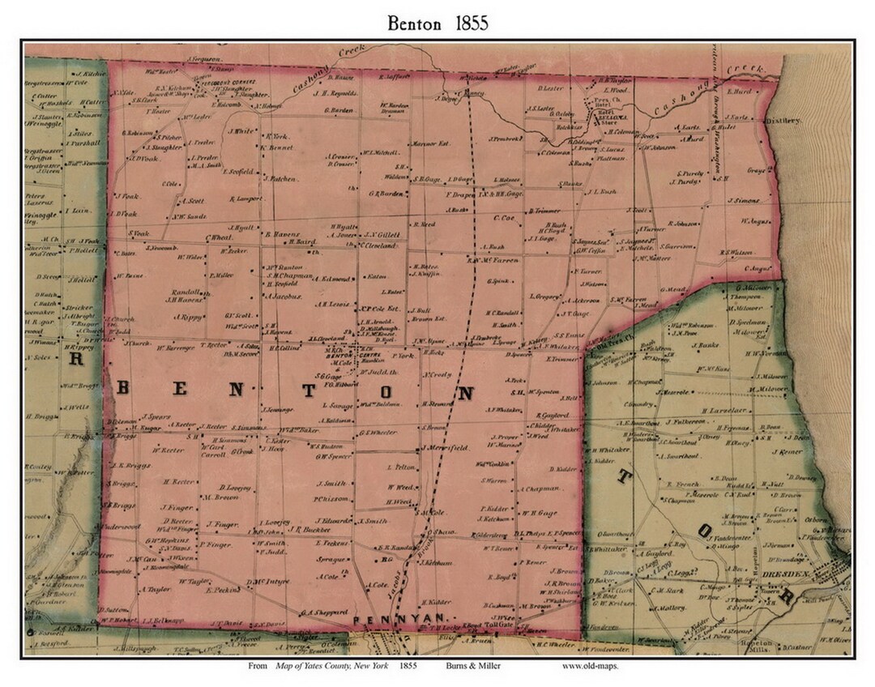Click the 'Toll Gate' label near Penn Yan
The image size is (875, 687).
pyautogui.click(x=499, y=625)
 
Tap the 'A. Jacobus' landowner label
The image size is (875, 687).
pyautogui.click(x=283, y=296)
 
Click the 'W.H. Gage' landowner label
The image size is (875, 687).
pyautogui.click(x=540, y=512)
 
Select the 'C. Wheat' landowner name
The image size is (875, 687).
pyautogui.click(x=220, y=237)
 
